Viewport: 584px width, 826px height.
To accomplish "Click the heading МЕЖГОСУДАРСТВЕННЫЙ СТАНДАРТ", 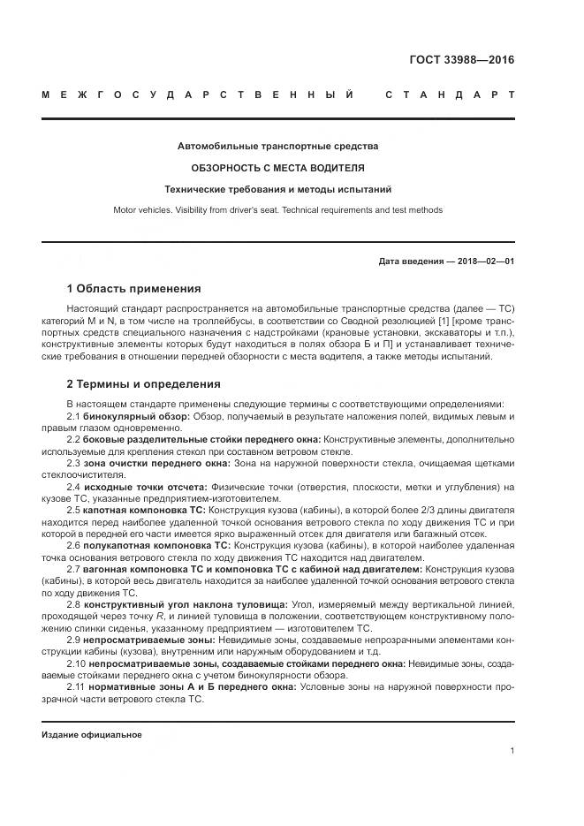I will pyautogui.click(x=277, y=94).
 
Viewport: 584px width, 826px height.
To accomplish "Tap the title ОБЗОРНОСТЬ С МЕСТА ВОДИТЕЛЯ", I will pyautogui.click(x=277, y=167).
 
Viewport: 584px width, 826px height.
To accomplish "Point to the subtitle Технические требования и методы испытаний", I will pyautogui.click(x=277, y=189).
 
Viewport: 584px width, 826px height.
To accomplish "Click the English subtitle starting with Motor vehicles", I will pyautogui.click(x=277, y=210).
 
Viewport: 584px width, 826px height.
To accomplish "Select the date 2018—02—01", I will pyautogui.click(x=484, y=261).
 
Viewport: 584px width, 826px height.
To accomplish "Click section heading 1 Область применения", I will pyautogui.click(x=133, y=289).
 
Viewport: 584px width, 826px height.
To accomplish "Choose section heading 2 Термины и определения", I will pyautogui.click(x=144, y=384).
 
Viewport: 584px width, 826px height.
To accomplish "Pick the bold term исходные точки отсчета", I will pyautogui.click(x=146, y=487).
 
